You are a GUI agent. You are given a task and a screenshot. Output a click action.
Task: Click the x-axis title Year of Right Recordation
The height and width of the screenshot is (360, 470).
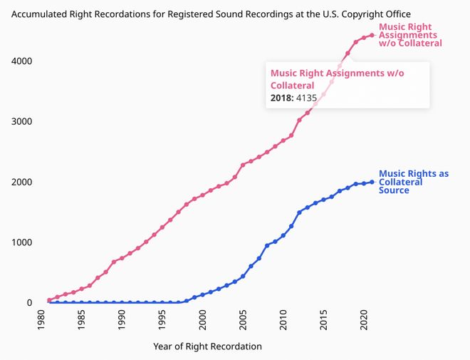pos(207,346)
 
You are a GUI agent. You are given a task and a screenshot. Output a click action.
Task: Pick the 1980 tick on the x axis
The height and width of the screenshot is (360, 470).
pos(41,322)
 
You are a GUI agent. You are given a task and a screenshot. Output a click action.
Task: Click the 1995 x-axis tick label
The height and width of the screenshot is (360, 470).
pos(162,322)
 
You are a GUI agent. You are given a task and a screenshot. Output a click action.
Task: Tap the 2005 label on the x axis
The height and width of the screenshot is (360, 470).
pos(243,322)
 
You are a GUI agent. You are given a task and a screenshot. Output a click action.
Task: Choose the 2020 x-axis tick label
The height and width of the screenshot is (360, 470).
pos(364,322)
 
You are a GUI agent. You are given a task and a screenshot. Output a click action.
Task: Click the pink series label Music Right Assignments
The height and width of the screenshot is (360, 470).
pos(409,35)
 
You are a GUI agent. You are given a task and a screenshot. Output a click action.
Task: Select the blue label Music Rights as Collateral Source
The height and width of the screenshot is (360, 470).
pos(413,182)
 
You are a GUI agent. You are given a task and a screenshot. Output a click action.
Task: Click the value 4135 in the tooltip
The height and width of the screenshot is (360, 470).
pos(303,98)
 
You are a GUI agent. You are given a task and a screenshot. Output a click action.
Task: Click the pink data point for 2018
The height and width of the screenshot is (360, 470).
pos(348,53)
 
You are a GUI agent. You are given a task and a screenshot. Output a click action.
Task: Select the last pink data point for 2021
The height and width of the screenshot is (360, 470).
pos(372,35)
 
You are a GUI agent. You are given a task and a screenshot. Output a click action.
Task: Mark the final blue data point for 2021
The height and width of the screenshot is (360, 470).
pos(372,182)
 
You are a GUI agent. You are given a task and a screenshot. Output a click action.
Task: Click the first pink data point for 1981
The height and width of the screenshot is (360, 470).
pos(49,300)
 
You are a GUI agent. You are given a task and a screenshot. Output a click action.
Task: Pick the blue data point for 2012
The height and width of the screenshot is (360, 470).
pos(299,212)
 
